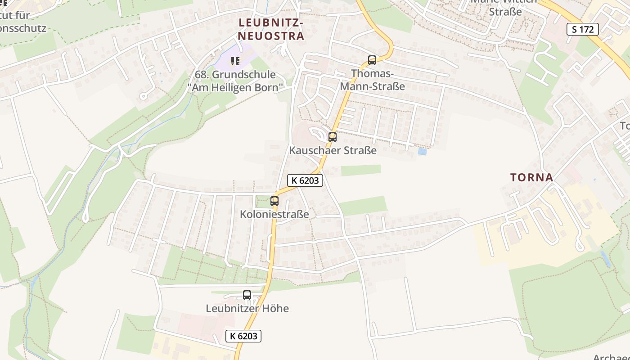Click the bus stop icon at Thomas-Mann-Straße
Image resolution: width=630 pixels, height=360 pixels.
click(x=372, y=60)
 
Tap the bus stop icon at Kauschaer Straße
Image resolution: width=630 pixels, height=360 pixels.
click(x=333, y=137)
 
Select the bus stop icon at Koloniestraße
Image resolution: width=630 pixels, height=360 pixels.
click(x=274, y=201)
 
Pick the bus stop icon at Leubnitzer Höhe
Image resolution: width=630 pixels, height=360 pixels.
click(x=247, y=295)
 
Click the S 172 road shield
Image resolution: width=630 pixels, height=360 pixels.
click(x=583, y=30)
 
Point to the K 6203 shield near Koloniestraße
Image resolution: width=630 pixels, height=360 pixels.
click(x=305, y=180)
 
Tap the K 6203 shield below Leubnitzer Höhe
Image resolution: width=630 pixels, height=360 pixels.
click(x=243, y=336)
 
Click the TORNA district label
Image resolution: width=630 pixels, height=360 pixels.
click(x=531, y=177)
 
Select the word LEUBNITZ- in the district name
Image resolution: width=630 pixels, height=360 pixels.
click(x=271, y=22)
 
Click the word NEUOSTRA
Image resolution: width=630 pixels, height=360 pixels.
click(x=271, y=36)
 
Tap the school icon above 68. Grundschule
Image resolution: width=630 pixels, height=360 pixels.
click(x=235, y=61)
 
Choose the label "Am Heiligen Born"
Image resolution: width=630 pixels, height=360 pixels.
click(x=235, y=87)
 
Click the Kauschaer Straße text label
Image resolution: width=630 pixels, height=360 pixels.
click(x=333, y=150)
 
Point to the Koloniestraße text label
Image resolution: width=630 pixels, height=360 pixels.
click(x=274, y=214)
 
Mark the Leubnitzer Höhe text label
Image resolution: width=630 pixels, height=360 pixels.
click(x=247, y=309)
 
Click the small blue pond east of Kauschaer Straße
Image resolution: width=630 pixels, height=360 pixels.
click(x=422, y=152)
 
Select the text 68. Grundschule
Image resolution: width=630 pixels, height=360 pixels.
click(x=235, y=75)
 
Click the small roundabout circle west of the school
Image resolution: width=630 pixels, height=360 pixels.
click(x=144, y=96)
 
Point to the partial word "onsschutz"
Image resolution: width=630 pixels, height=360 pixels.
click(x=23, y=28)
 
